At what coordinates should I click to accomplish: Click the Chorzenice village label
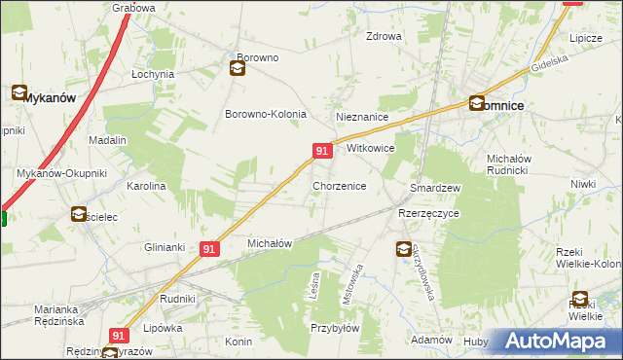339,185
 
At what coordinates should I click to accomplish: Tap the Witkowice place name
370,150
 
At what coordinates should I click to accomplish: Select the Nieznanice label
362,117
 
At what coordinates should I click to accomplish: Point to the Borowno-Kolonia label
266,114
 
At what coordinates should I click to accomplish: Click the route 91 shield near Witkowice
323,150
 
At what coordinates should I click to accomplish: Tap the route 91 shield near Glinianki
209,249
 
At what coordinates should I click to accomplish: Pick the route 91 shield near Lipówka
119,335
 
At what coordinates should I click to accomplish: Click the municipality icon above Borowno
238,68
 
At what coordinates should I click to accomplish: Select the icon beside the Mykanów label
19,93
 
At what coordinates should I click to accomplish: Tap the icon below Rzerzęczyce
403,250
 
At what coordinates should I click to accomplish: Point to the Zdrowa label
384,37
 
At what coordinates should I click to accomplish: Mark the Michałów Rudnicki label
518,167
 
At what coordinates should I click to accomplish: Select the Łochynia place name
153,74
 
